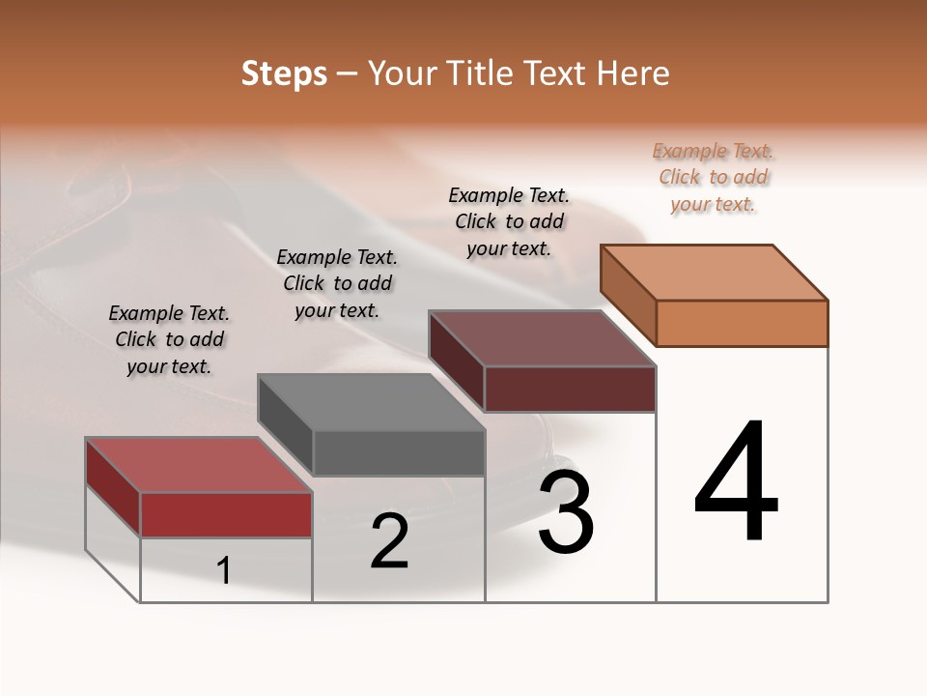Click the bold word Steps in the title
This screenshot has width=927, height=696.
click(284, 73)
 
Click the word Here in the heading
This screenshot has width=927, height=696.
click(632, 73)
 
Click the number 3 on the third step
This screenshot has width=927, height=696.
click(566, 512)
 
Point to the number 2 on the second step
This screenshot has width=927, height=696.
click(390, 541)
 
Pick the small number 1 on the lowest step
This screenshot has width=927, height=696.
click(224, 571)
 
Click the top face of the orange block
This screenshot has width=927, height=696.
click(715, 273)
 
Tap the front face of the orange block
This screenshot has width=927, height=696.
click(742, 323)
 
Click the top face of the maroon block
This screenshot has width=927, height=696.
click(543, 338)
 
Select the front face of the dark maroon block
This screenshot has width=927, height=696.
click(570, 389)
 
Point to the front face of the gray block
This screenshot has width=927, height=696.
click(398, 452)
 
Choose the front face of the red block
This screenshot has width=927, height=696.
click(226, 514)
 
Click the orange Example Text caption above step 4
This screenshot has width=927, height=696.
click(714, 177)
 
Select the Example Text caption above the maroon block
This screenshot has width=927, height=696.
click(509, 221)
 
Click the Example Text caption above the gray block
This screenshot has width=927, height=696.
click(337, 283)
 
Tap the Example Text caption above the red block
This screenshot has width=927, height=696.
click(169, 339)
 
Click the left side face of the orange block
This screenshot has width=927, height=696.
click(629, 295)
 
